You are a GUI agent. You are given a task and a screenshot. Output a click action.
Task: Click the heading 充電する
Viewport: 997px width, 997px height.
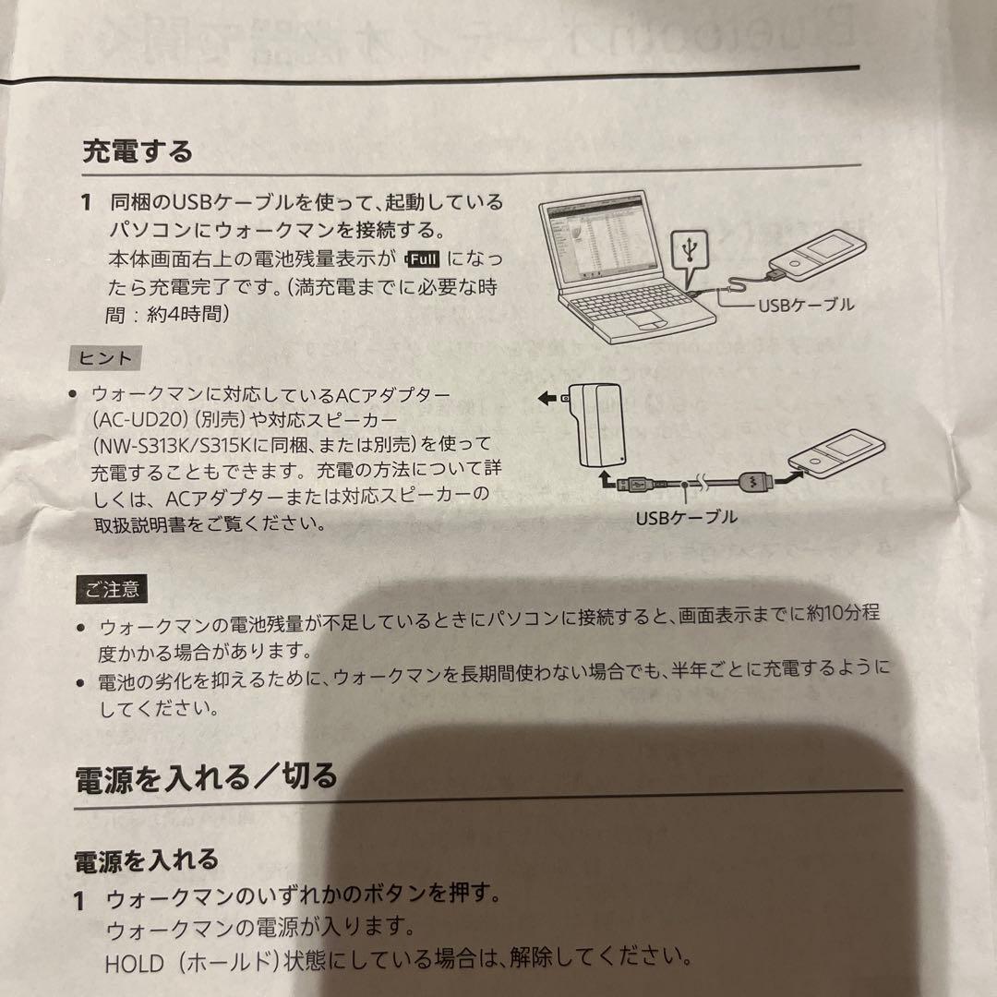pos(138,150)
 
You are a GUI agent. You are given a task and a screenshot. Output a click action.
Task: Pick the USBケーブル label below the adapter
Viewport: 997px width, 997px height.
pos(686,518)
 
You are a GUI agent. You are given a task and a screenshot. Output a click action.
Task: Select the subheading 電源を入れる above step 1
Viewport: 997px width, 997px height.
pos(146,861)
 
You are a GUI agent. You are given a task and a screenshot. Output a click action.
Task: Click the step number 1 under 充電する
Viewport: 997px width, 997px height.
pos(86,201)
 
